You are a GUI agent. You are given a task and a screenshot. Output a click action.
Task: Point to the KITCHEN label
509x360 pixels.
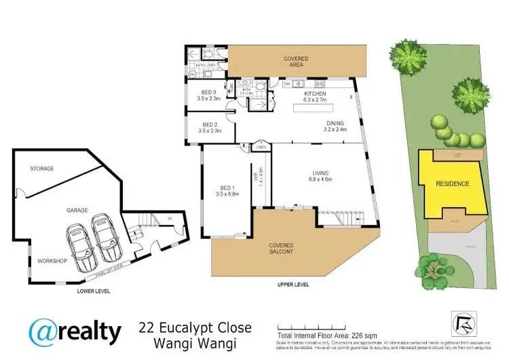tap(315, 93)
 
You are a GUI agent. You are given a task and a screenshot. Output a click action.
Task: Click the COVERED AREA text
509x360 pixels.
tap(296, 59)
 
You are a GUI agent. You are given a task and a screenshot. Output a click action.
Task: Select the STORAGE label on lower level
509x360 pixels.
tap(41, 168)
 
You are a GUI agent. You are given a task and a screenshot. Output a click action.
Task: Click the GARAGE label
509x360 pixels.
tap(77, 211)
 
